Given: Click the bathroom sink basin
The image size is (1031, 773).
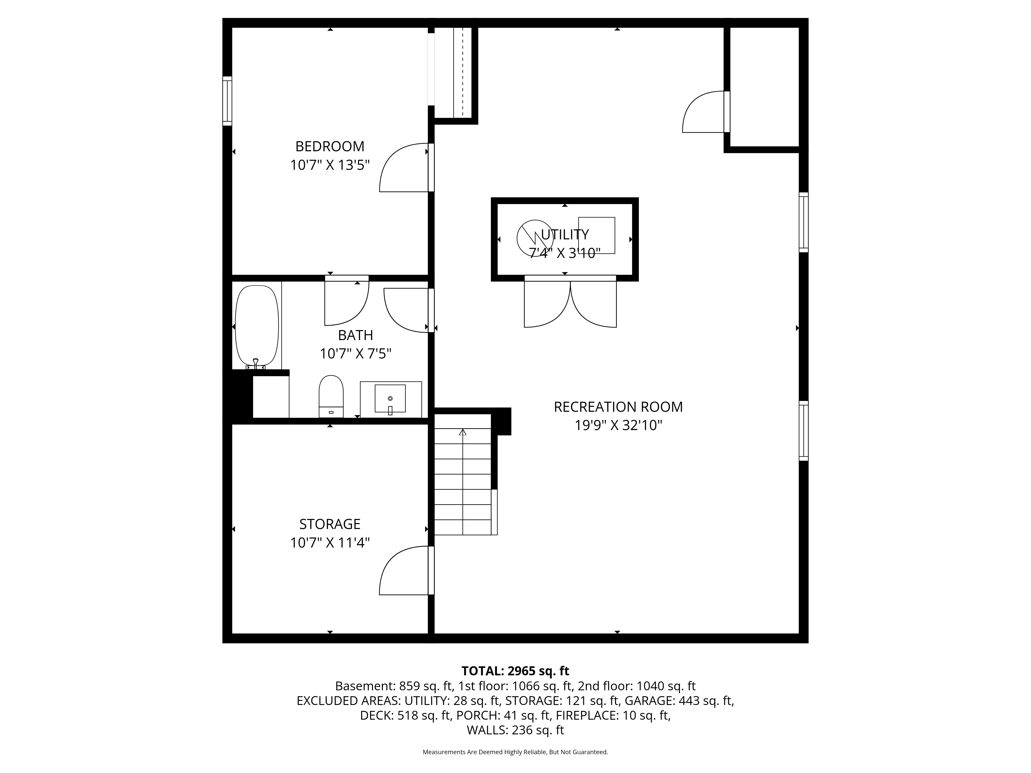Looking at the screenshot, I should click(x=390, y=398).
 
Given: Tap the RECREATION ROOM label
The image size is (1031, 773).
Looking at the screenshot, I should click(x=618, y=407).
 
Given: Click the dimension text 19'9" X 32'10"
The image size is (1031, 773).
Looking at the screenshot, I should click(x=618, y=425).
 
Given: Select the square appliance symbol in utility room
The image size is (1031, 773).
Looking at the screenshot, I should click(x=597, y=235).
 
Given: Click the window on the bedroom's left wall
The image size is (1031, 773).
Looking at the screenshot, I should click(x=227, y=101).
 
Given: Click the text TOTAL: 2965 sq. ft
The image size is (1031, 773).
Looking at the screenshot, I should click(x=515, y=671).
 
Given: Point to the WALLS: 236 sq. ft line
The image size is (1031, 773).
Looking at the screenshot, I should click(x=515, y=730).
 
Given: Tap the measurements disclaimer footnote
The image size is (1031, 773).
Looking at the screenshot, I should click(x=515, y=752).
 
